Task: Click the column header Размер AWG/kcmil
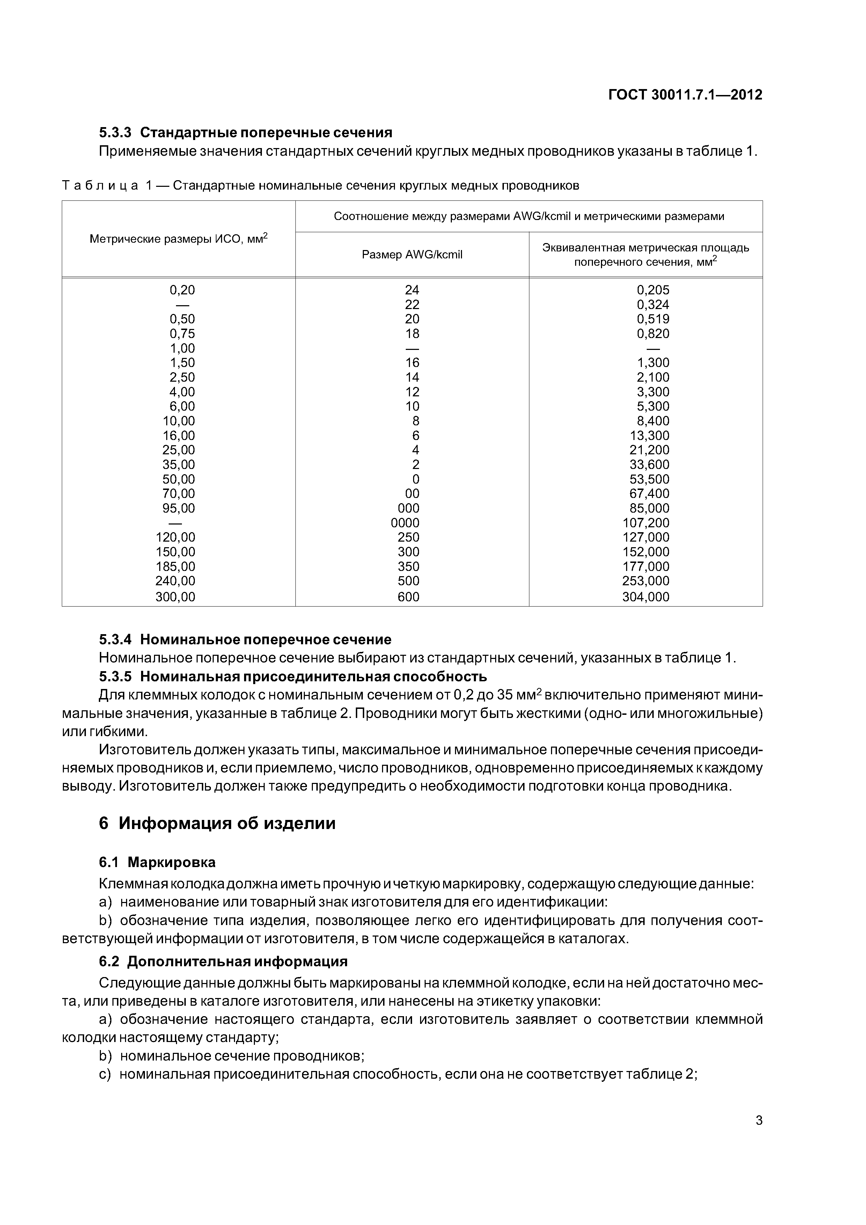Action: pyautogui.click(x=412, y=255)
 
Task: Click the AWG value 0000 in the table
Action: pyautogui.click(x=405, y=523)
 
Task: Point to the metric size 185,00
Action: pyautogui.click(x=176, y=566)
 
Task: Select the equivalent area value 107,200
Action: pyautogui.click(x=646, y=523)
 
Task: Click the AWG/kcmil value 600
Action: pyautogui.click(x=408, y=596)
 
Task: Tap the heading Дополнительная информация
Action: pyautogui.click(x=237, y=961)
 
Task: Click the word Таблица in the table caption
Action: pyautogui.click(x=100, y=186)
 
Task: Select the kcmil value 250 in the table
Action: pyautogui.click(x=409, y=537)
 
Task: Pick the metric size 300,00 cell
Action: pyautogui.click(x=176, y=596)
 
